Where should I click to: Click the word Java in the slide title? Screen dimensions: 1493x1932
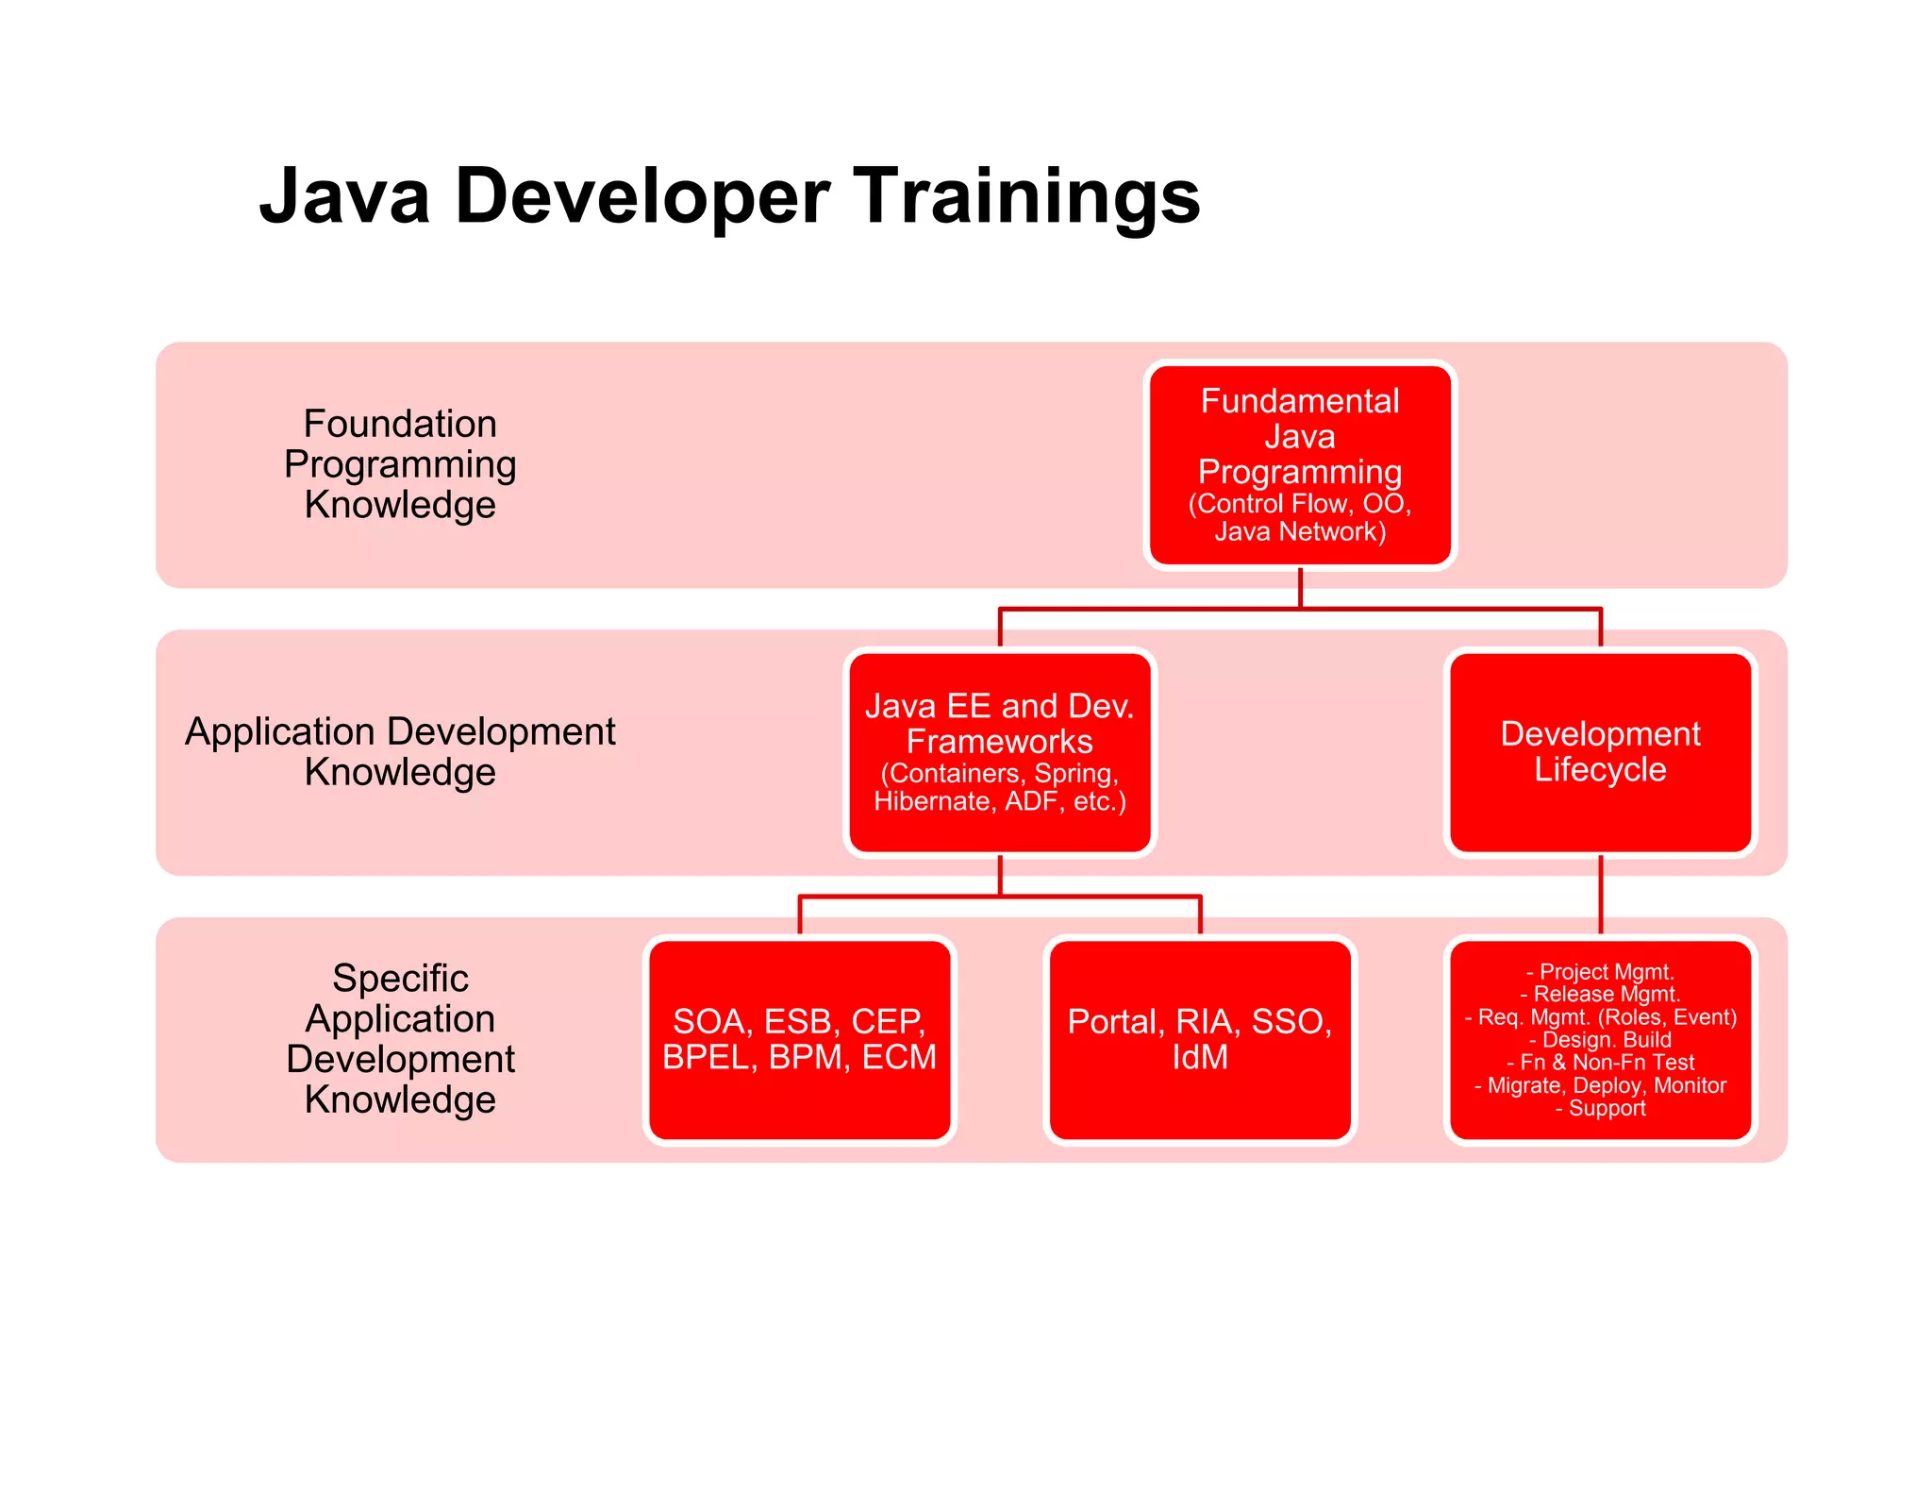pyautogui.click(x=344, y=196)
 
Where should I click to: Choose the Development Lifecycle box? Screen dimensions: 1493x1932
pyautogui.click(x=1600, y=751)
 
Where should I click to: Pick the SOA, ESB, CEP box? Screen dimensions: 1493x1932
pyautogui.click(x=799, y=1039)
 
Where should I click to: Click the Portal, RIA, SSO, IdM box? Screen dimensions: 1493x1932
pyautogui.click(x=1199, y=1039)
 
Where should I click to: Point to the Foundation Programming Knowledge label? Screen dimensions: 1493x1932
pyautogui.click(x=400, y=464)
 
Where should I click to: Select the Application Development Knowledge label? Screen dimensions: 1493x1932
pyautogui.click(x=400, y=751)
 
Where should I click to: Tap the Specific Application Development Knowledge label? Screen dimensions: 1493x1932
pyautogui.click(x=400, y=1039)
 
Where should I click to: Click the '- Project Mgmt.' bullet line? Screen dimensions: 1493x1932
pyautogui.click(x=1600, y=971)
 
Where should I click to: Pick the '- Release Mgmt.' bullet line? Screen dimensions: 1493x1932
pyautogui.click(x=1600, y=994)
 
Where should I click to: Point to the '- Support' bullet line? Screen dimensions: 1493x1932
pyautogui.click(x=1600, y=1108)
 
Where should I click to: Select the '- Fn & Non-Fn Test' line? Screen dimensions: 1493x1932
pyautogui.click(x=1600, y=1063)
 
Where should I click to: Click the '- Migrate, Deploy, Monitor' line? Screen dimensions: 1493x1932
pyautogui.click(x=1600, y=1085)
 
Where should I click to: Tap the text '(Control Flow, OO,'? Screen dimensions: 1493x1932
pyautogui.click(x=1300, y=504)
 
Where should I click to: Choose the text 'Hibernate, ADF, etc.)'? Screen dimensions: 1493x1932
pyautogui.click(x=999, y=801)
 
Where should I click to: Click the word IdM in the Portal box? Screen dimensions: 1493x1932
pyautogui.click(x=1199, y=1058)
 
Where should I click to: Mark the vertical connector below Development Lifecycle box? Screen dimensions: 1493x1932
pyautogui.click(x=1601, y=895)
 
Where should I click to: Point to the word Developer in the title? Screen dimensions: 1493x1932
pyautogui.click(x=641, y=196)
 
